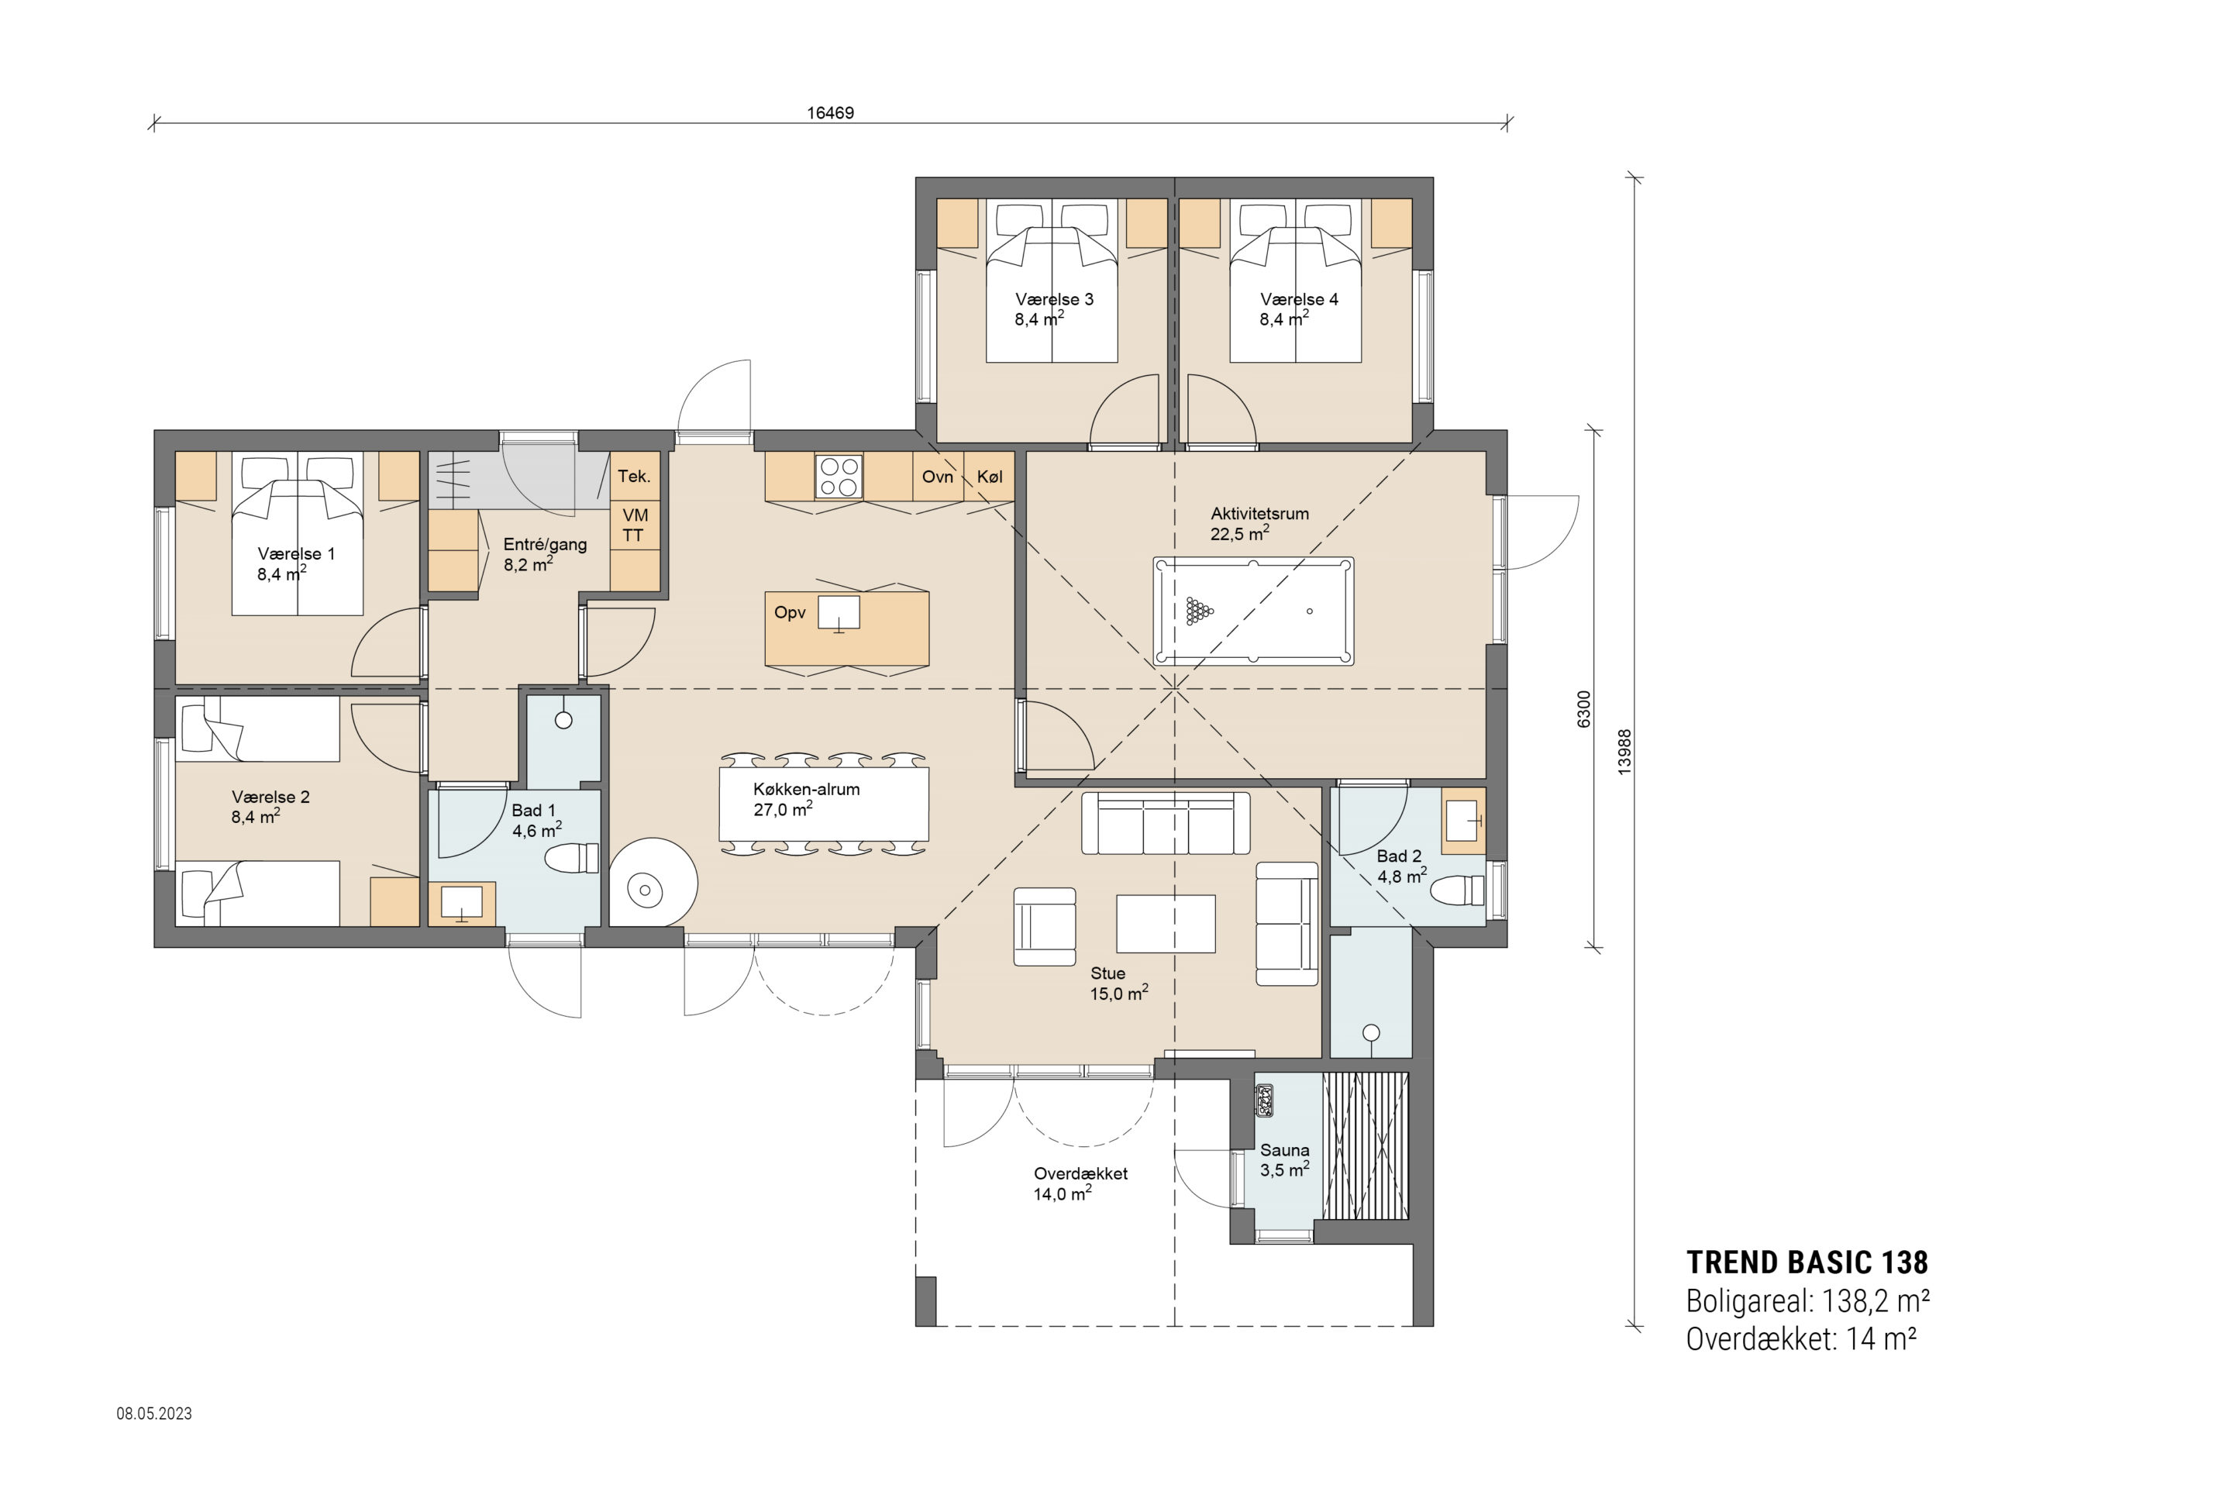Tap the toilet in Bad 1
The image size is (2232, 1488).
(572, 858)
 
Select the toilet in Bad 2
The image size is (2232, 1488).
(1457, 890)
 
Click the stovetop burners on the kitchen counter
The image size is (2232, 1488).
(839, 477)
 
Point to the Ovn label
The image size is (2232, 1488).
(937, 477)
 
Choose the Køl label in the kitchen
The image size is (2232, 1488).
(990, 477)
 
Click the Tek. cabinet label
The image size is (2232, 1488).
(634, 477)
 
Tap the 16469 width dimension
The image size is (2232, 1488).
(830, 113)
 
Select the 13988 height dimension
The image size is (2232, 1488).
(1624, 752)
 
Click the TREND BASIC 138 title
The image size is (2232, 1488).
(1807, 1262)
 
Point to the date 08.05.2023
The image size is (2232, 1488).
(155, 1413)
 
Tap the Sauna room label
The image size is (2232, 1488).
(1284, 1150)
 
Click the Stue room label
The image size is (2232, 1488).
(1107, 973)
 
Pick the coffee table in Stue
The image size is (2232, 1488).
(1166, 923)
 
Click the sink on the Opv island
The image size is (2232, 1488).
(839, 612)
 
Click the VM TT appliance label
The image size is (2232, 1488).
(634, 525)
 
